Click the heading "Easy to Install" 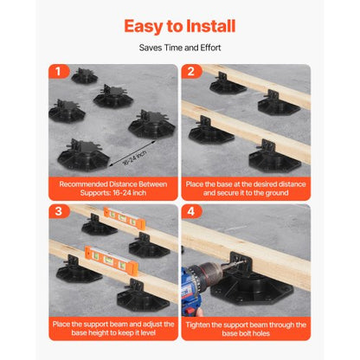click(179, 26)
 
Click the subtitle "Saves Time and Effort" click(179, 48)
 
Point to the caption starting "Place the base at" click(245, 189)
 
